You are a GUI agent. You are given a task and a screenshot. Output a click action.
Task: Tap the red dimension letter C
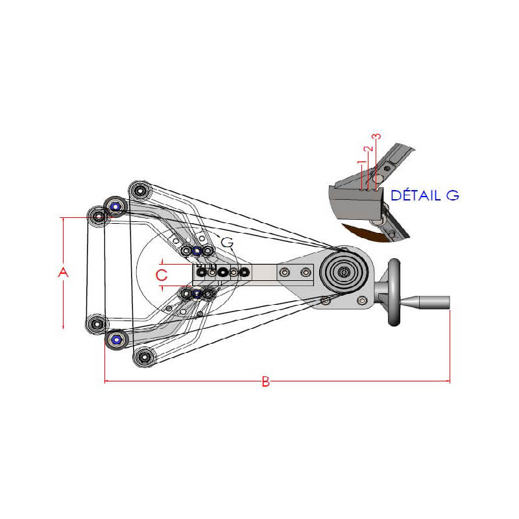162,274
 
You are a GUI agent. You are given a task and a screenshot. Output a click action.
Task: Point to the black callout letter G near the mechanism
227,241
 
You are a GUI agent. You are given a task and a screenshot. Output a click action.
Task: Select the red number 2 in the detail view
368,149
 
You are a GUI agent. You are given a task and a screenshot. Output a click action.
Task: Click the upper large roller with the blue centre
116,207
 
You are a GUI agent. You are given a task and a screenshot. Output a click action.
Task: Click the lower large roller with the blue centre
116,339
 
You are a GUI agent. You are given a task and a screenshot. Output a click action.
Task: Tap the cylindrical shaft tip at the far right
431,302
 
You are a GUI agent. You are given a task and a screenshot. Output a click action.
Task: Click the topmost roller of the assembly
140,191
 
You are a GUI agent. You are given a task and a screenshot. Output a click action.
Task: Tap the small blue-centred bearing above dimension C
197,250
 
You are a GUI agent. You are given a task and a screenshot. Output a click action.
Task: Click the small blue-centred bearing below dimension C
197,295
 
